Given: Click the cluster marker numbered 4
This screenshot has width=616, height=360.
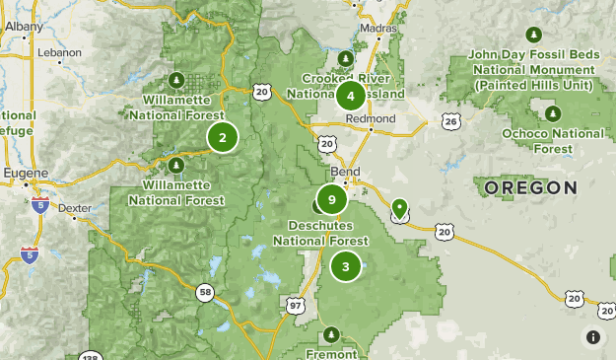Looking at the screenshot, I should pos(350,96).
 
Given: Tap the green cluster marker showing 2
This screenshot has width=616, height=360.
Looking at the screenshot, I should pos(223,138).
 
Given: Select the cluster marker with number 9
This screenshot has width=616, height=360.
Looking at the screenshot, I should pos(333,200).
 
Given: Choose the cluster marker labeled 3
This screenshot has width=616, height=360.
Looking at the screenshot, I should pos(346,265).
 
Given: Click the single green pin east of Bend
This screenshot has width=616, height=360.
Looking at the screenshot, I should pos(399,208).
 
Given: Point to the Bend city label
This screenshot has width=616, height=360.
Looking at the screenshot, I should pos(346,173).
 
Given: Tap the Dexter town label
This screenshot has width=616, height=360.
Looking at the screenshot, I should pos(74,209).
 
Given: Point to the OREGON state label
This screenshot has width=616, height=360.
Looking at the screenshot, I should pos(531,187).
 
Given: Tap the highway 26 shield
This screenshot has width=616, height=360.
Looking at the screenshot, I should pos(450,121).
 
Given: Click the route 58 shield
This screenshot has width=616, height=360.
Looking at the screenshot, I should pos(204,292).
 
